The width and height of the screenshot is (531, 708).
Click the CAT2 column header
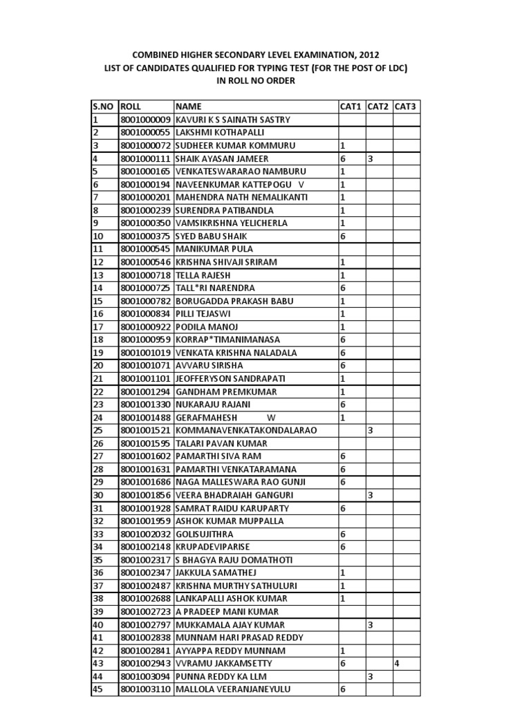click(378, 106)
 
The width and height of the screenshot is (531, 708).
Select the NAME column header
click(188, 106)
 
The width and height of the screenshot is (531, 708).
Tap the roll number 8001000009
click(145, 120)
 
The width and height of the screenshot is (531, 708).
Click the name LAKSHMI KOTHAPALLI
click(220, 132)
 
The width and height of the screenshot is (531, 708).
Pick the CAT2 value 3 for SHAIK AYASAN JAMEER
click(371, 158)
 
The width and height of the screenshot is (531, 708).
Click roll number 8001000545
click(145, 249)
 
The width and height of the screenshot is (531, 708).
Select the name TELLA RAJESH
click(203, 274)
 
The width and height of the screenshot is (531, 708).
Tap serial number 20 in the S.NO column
click(97, 365)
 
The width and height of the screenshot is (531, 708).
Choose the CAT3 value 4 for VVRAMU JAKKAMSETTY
click(397, 663)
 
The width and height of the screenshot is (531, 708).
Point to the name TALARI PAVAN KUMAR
click(219, 443)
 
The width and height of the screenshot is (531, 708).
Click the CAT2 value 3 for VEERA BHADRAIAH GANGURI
click(371, 495)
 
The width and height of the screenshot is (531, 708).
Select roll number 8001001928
click(145, 508)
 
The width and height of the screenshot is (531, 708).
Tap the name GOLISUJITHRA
click(205, 534)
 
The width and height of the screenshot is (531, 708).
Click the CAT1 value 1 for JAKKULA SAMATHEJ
click(342, 572)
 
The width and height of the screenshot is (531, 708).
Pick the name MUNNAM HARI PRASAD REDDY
click(239, 637)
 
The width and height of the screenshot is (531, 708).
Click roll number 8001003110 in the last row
click(145, 689)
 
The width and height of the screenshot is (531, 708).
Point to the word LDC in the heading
click(393, 68)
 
